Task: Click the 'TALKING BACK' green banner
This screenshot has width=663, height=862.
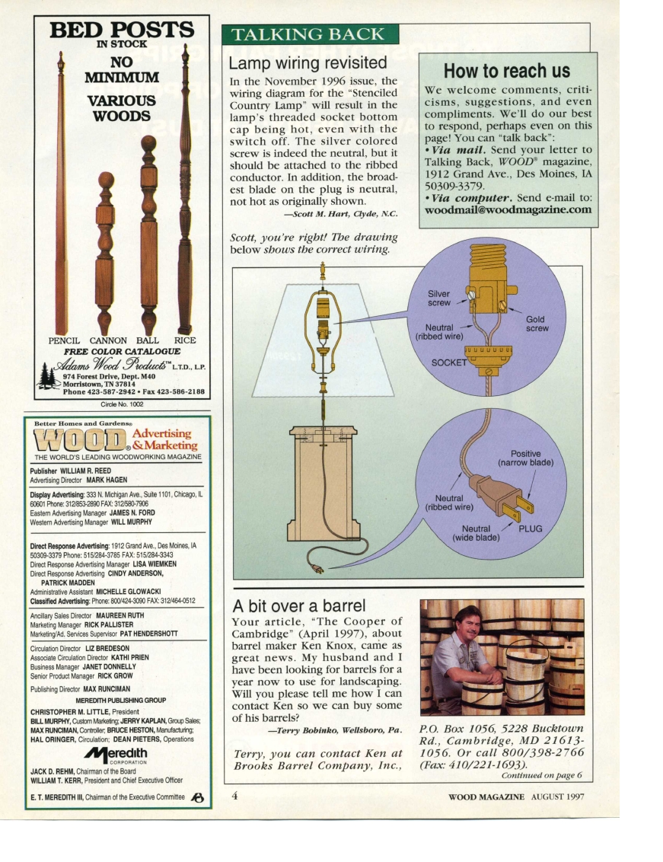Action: (309, 35)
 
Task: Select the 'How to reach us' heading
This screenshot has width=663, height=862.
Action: (506, 71)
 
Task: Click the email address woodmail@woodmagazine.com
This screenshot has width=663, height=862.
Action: (508, 209)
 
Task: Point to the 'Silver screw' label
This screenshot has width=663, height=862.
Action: (439, 298)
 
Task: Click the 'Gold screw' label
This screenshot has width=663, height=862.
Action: (536, 324)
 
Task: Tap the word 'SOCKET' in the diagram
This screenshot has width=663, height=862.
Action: (448, 362)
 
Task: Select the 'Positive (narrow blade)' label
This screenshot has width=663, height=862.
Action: (525, 457)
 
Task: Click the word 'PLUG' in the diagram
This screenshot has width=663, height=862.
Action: (530, 528)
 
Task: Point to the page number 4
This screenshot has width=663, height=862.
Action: (235, 796)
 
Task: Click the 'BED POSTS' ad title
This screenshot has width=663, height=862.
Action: (122, 30)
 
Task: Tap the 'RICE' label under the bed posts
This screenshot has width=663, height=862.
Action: (185, 340)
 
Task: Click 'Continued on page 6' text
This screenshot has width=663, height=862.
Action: (541, 775)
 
